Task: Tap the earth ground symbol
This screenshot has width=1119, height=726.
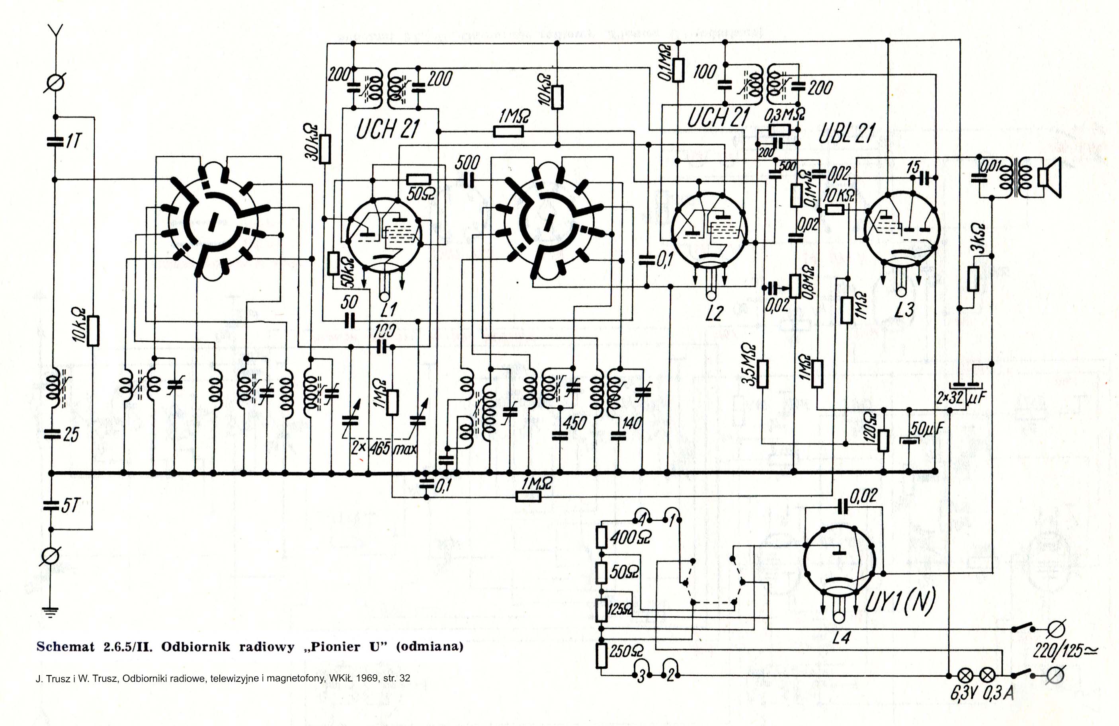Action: (x=49, y=612)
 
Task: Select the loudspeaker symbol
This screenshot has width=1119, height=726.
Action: (x=1049, y=178)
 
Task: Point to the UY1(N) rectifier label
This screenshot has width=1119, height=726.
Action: (x=900, y=602)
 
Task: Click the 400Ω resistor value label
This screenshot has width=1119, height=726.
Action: (x=630, y=537)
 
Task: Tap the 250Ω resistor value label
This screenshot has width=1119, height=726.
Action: (x=626, y=651)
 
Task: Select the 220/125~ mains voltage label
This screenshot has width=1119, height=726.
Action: (x=1065, y=651)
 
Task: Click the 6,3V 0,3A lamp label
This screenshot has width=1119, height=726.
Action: (x=982, y=693)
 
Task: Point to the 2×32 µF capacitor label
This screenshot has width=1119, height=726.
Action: (x=961, y=398)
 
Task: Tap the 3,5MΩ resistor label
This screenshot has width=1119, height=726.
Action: (x=749, y=365)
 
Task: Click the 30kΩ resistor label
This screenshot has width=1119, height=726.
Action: (x=312, y=142)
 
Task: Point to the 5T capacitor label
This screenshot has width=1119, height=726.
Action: (x=71, y=506)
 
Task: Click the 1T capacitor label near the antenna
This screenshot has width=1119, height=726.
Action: (x=74, y=141)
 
